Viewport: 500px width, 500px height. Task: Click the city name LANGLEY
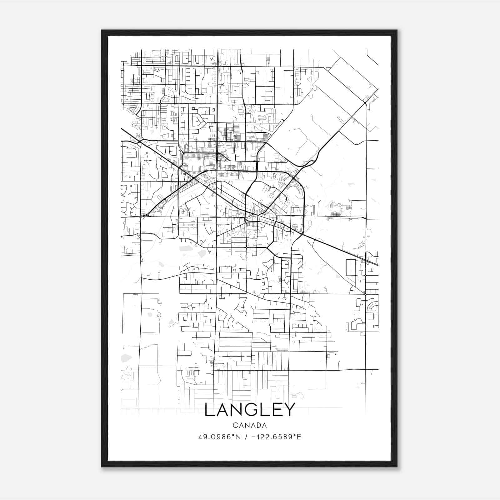(250, 410)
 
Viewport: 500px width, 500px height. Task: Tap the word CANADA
(250, 425)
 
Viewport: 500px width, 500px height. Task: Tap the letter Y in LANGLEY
(289, 410)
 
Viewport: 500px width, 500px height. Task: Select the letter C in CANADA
(235, 425)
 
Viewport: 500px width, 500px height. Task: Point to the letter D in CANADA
(258, 425)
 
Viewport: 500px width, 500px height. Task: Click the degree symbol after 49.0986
(233, 435)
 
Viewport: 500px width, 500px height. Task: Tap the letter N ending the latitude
(238, 437)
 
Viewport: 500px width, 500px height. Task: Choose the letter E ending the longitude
(299, 437)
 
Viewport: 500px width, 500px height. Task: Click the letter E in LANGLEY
(277, 410)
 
